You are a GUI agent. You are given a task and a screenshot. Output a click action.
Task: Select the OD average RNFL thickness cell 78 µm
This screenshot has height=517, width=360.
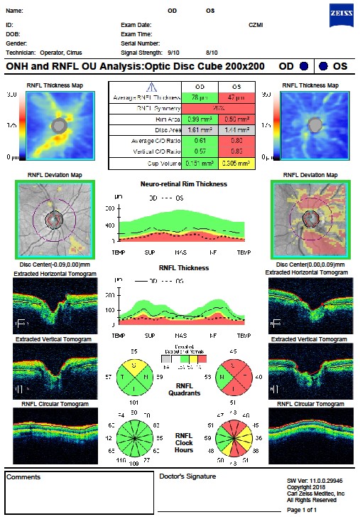coord(194,97)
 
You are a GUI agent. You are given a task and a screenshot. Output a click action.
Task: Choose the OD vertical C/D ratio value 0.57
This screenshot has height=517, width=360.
coord(194,152)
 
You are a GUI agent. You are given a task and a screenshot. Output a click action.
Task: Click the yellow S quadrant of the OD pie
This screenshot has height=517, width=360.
coord(134,363)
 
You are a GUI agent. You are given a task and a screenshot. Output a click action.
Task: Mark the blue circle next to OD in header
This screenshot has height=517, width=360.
coord(304,66)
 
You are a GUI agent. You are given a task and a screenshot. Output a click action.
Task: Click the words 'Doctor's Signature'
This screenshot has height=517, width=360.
coord(184,476)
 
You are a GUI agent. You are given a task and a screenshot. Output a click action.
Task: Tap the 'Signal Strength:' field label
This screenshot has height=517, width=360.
coord(141,52)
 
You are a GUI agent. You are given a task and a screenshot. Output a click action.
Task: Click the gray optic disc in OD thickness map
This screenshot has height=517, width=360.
coord(62,126)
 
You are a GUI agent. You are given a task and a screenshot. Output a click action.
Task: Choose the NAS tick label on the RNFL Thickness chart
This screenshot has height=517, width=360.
coord(180,330)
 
